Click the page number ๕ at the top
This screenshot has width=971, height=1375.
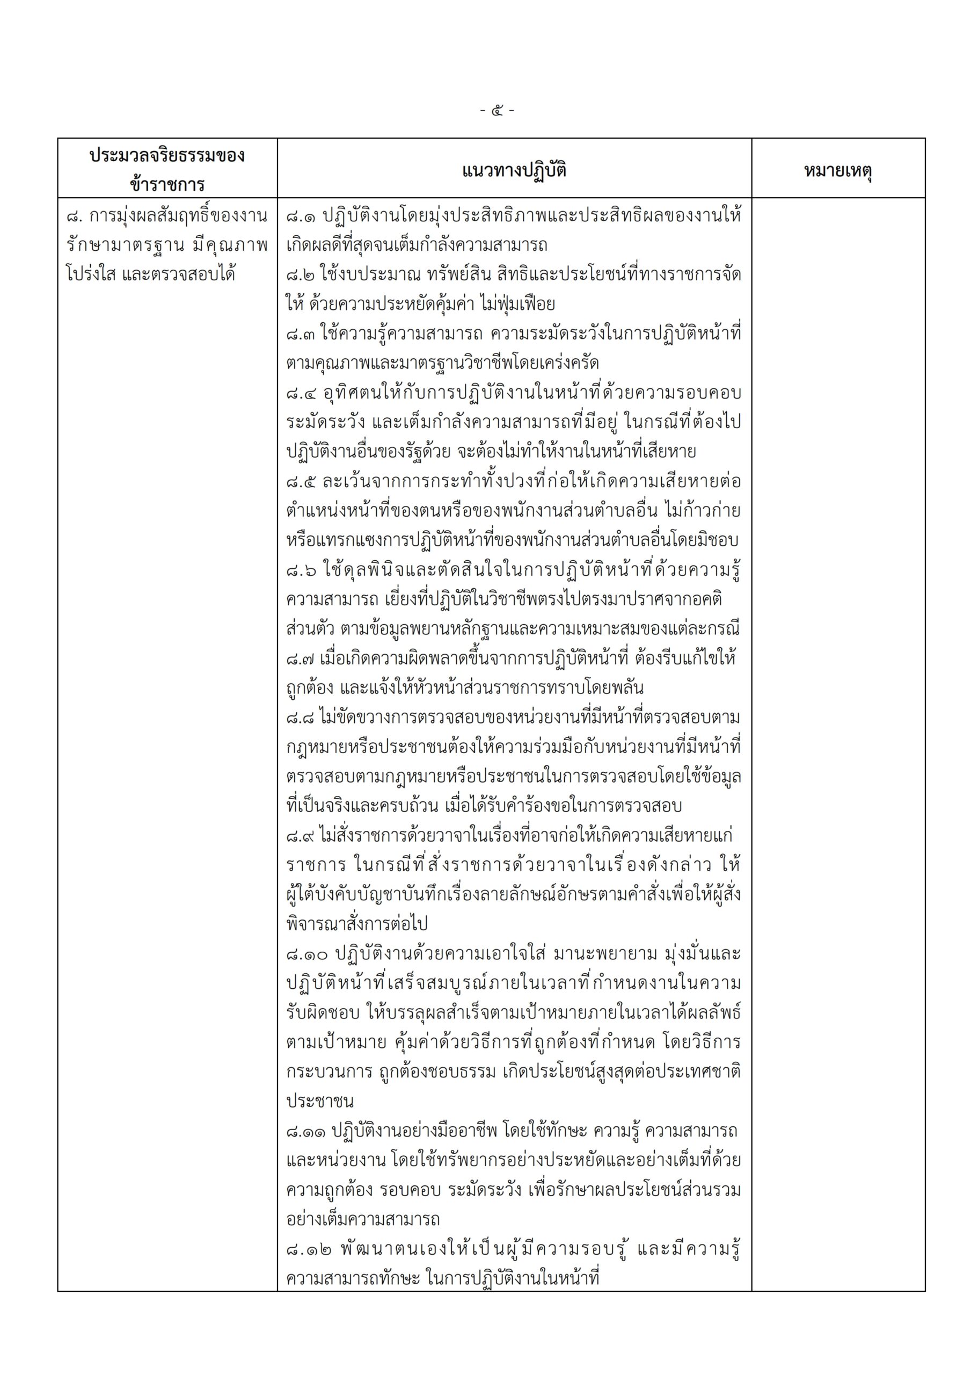coord(497,111)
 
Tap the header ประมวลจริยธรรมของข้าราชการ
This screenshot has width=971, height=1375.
coord(167,170)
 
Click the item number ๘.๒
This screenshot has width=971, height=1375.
coord(301,275)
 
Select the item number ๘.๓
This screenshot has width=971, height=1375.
coord(301,334)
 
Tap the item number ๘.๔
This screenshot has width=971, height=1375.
coord(301,394)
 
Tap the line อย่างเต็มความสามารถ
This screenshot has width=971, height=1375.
coord(363,1220)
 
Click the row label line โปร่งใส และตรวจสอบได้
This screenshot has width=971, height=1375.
coord(150,275)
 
